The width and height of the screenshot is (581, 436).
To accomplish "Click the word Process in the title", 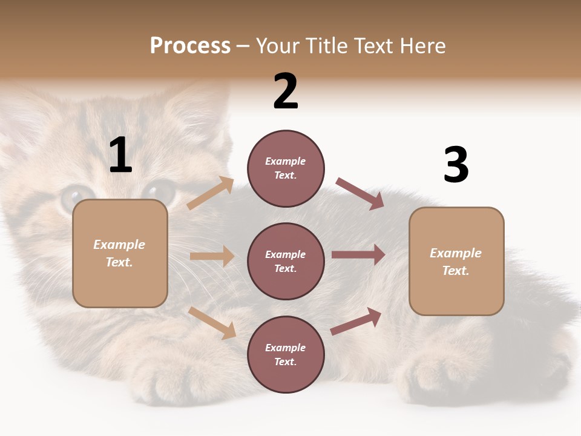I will pos(190,46).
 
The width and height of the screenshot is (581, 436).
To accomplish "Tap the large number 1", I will pos(120,155).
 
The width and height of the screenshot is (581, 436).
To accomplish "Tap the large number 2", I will pos(286,91).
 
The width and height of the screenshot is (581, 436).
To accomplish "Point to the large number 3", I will pos(456,165).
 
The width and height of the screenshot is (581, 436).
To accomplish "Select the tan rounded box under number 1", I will pos(120,253).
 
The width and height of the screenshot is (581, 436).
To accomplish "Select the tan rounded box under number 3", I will pos(456,261).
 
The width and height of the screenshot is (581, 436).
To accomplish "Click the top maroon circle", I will pos(286,168).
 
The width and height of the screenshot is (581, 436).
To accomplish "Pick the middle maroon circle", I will pos(286,261).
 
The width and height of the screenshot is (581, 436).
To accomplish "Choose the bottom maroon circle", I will pos(286,354).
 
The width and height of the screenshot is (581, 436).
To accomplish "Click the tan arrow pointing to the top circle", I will pos(211,193).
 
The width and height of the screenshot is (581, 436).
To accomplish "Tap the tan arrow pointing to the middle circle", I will pos(212,256).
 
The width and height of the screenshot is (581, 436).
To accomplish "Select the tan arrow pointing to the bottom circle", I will pos(212,323).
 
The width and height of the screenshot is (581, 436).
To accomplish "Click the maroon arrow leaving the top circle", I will pos(360,193).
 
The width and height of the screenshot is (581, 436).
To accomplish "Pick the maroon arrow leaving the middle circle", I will pos(358,255).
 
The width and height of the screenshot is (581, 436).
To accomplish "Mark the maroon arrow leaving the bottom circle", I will pos(356,321).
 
